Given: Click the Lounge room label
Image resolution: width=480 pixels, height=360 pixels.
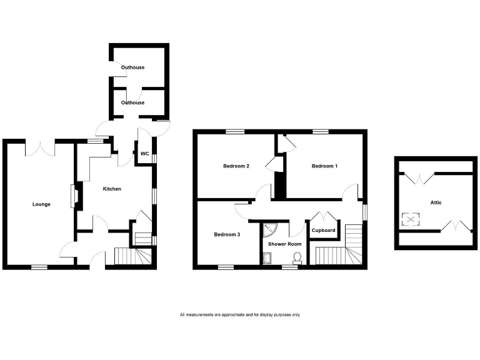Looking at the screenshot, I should pos(42,204).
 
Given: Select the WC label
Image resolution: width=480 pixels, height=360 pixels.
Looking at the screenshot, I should pos(144,154).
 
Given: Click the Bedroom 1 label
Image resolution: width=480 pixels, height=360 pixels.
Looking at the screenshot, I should pos(325,166).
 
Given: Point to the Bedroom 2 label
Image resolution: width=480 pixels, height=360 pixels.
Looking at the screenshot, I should pos(237,166).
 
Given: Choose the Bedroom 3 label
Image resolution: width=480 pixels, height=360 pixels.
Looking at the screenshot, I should pos(227,234).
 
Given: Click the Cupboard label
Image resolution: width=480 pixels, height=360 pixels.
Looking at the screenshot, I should pos(324,230).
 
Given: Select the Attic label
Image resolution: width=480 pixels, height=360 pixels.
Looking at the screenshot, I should pos(436,202).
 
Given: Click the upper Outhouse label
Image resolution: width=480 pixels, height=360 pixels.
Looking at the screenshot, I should pos(132,66).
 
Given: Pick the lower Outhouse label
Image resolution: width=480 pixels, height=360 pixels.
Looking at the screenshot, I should pos(132,102).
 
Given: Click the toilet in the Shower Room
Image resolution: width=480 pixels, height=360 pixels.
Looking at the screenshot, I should pos(297,257).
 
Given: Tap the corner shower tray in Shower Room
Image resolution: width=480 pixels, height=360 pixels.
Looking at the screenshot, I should pos(270,229).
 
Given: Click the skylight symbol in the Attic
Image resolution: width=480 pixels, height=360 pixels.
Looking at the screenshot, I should pos(411,219).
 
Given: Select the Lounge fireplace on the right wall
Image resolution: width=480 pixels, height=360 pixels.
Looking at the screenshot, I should pos(75,194).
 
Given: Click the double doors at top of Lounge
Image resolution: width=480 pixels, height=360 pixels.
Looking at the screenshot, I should pos(41,149).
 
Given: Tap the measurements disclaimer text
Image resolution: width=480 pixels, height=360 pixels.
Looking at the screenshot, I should pos(240,314).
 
